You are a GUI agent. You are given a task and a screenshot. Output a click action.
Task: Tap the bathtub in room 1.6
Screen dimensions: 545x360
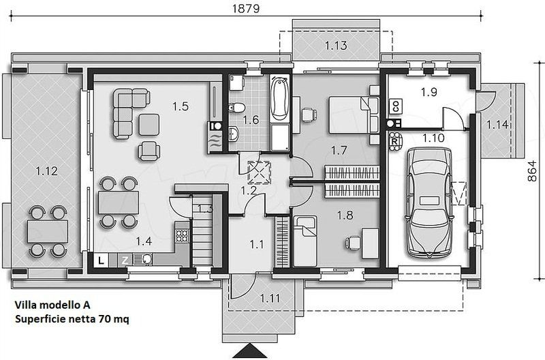point(280,98)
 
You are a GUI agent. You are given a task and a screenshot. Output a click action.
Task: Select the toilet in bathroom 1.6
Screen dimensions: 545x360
point(236,108)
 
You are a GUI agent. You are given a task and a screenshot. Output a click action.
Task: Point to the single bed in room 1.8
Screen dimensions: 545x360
point(305,241)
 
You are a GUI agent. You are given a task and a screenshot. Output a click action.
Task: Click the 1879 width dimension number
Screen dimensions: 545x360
point(246,8)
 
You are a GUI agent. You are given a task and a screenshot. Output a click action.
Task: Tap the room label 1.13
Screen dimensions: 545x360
point(336,45)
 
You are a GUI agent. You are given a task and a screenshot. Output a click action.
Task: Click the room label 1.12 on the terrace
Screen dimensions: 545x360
point(46,170)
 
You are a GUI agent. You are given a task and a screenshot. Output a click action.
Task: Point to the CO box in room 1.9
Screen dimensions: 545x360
point(395,106)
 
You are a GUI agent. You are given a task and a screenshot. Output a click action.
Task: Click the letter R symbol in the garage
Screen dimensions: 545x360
point(394,142)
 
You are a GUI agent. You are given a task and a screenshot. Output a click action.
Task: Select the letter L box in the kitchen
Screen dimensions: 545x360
point(101,260)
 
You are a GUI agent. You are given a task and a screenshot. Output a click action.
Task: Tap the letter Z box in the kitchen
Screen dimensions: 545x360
point(125,260)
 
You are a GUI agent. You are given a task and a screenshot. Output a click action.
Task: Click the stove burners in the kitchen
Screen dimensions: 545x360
point(182,236)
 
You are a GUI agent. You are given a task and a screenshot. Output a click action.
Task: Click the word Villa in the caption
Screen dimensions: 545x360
point(26,305)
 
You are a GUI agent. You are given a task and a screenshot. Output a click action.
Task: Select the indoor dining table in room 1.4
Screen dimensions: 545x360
point(119,202)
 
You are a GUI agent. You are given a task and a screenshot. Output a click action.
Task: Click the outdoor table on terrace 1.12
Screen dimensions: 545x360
point(48,231)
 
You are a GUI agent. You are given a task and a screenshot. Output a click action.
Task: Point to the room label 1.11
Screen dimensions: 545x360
point(270,298)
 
